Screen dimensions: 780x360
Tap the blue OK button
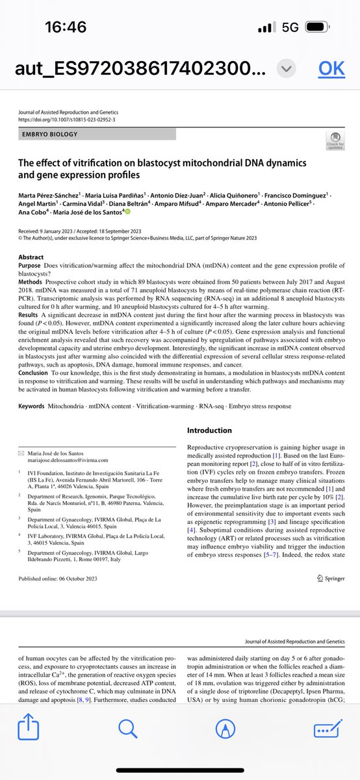coord(331,69)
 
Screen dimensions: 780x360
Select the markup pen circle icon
coord(225,731)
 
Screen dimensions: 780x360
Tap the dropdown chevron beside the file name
coord(287,69)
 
